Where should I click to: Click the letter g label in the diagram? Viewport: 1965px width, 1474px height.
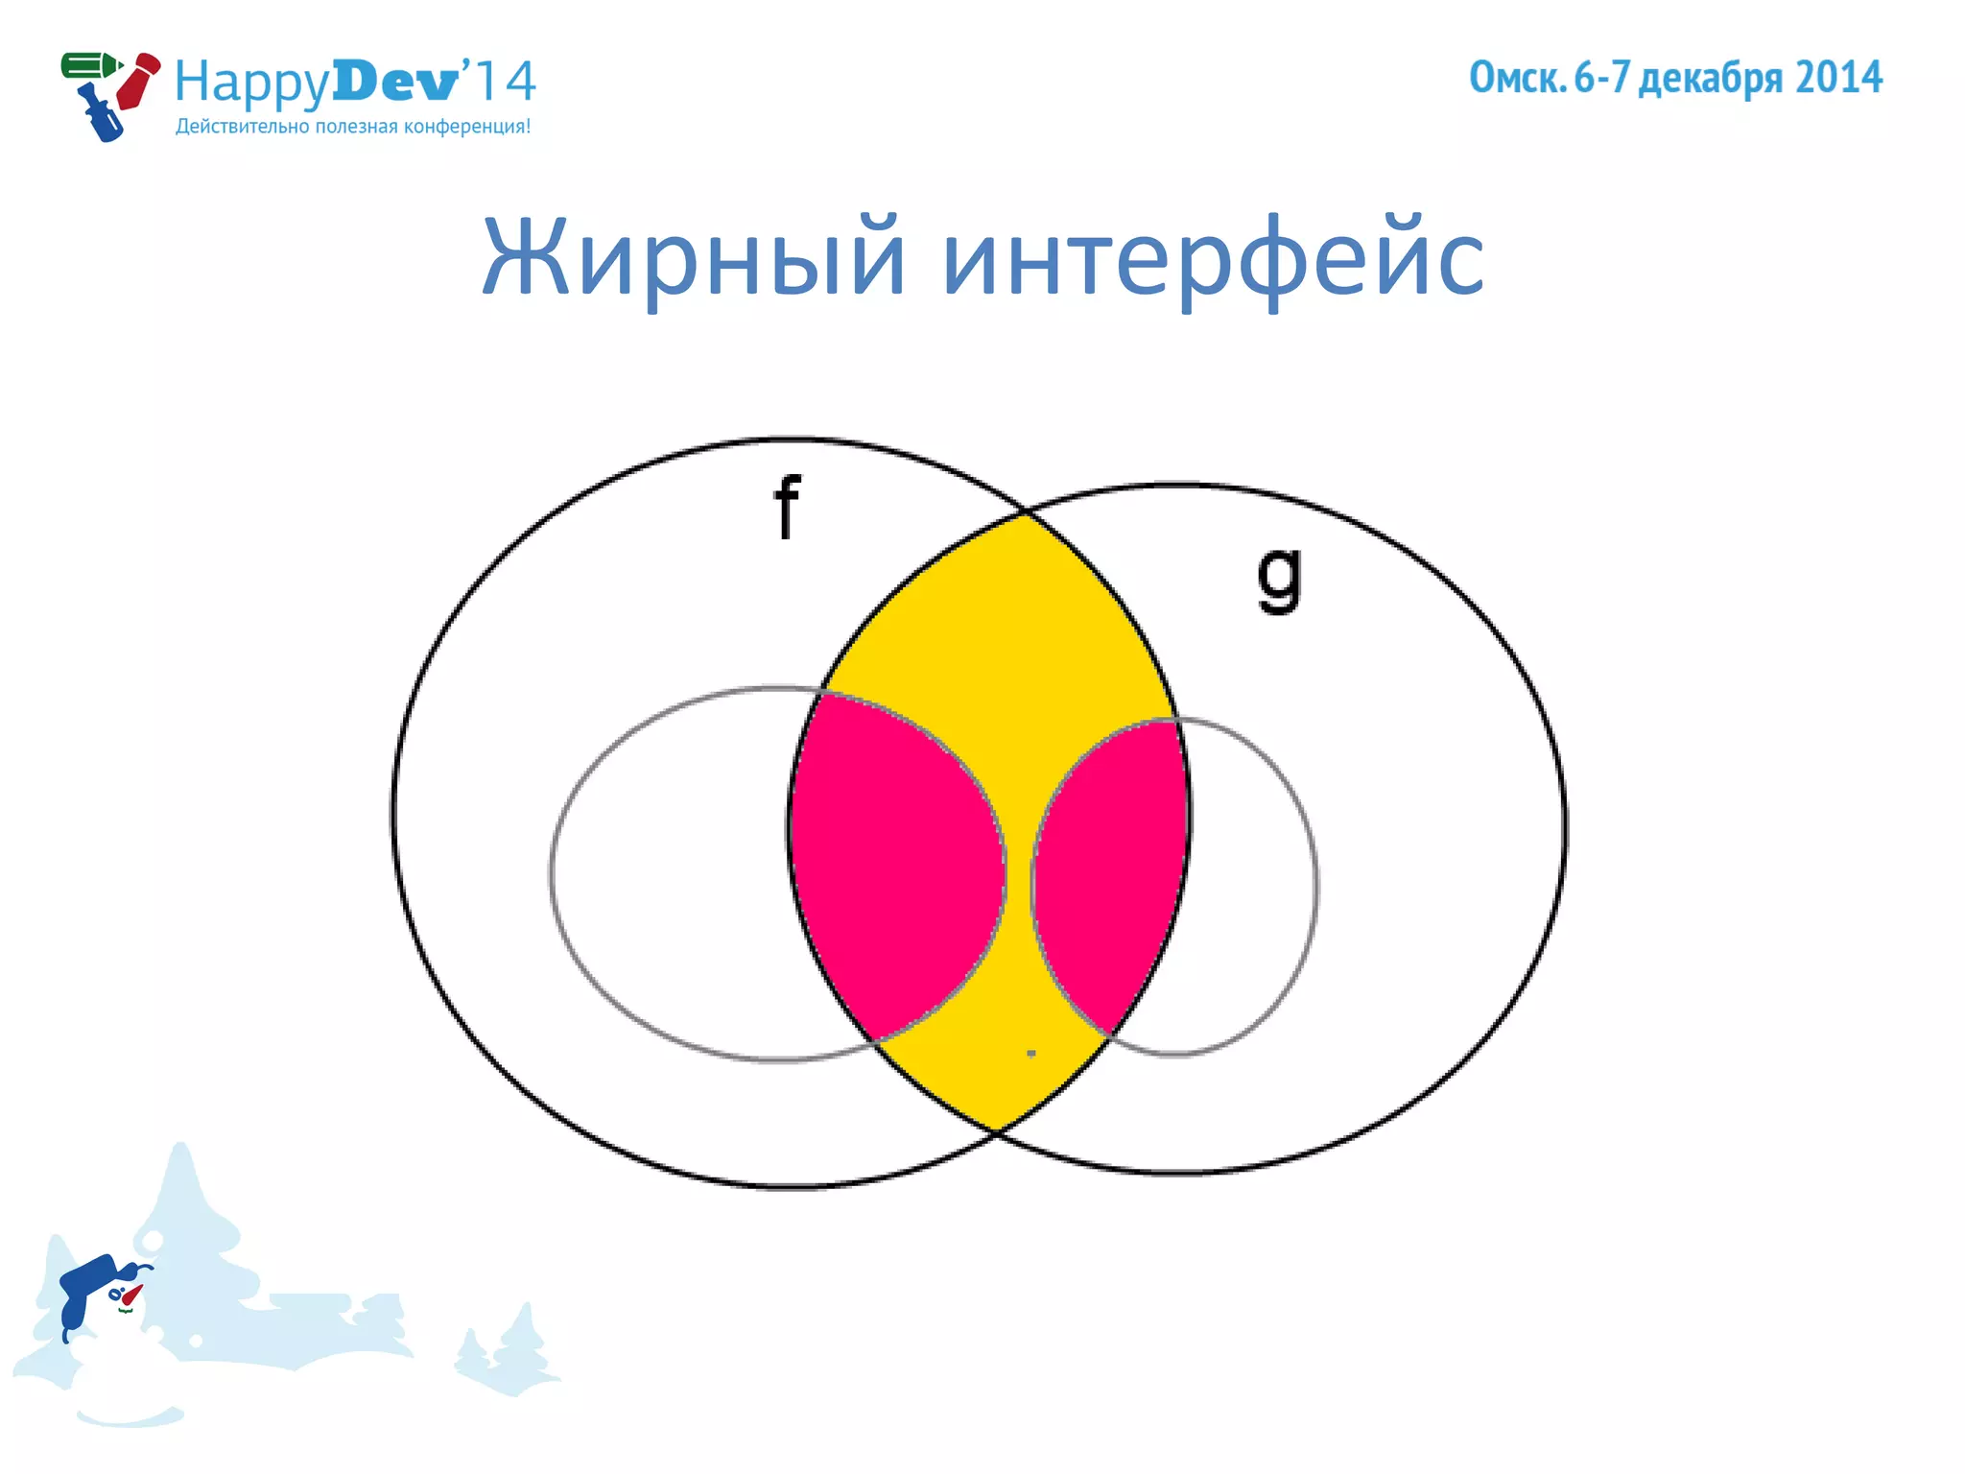(x=1280, y=578)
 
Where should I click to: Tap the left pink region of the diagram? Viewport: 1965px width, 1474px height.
(x=892, y=864)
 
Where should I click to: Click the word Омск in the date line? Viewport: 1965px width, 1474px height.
(x=1517, y=78)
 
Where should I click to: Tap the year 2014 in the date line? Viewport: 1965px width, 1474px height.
(x=1838, y=78)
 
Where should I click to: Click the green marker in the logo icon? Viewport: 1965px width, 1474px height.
(x=89, y=66)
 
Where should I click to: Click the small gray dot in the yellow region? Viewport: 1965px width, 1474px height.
(x=1031, y=1053)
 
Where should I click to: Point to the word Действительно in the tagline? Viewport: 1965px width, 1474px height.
(x=243, y=127)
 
